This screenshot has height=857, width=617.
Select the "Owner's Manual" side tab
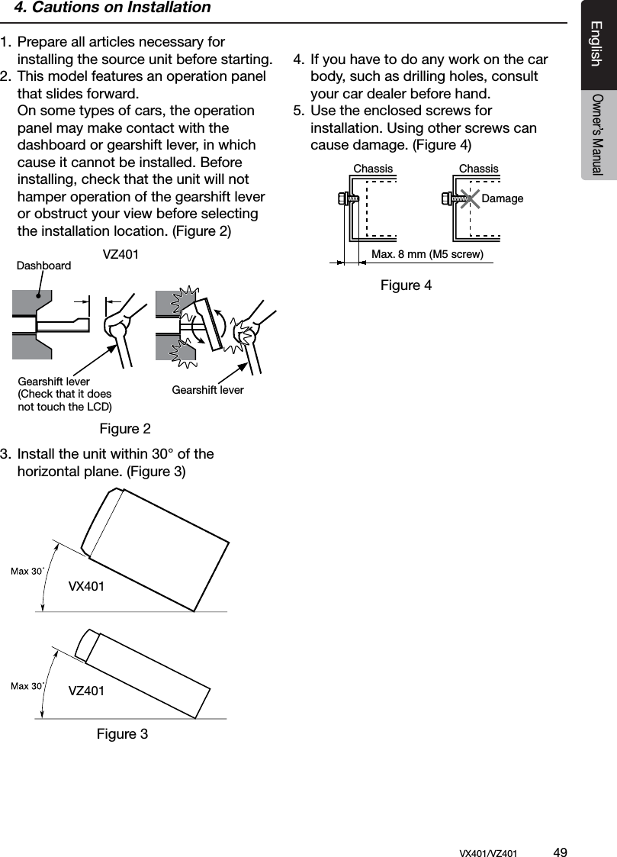[597, 134]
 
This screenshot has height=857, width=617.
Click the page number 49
[560, 852]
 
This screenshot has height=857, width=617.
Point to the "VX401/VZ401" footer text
[488, 852]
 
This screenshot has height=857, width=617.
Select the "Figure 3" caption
[122, 734]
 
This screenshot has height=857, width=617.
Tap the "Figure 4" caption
[406, 285]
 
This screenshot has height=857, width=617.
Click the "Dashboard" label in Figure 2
[43, 266]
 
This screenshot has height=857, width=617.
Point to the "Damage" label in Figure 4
[503, 198]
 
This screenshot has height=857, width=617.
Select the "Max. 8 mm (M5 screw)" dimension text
[427, 254]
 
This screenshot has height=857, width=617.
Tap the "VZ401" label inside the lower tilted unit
[86, 691]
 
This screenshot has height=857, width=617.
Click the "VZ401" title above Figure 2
[121, 254]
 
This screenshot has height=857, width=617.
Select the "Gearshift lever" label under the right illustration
[207, 390]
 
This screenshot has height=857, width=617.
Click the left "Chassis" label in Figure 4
[373, 169]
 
